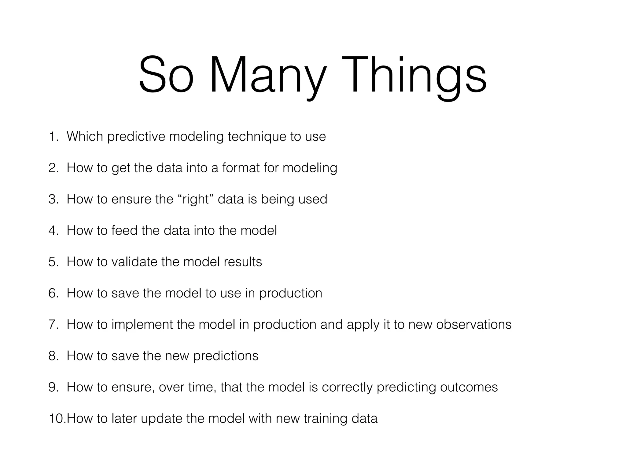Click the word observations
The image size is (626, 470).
point(473,325)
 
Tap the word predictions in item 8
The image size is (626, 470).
point(226,356)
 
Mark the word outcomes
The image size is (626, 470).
point(469,387)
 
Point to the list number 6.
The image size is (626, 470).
point(53,293)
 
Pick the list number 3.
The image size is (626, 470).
point(53,199)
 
